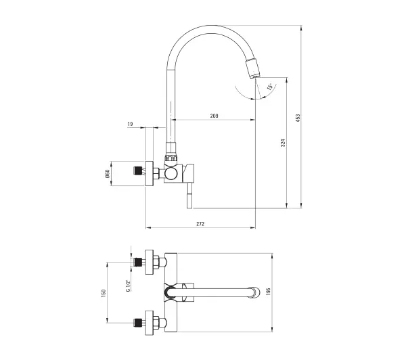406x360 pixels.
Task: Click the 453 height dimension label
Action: [298, 118]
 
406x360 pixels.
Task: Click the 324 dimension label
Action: [283, 143]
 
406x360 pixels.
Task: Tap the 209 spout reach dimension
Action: [214, 116]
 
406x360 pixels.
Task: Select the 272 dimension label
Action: [200, 224]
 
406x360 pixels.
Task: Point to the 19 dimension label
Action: [130, 124]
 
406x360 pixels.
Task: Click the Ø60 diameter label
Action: [108, 173]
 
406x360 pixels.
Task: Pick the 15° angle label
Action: [269, 87]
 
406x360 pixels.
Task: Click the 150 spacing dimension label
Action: [104, 293]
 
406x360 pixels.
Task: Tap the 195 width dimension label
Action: [268, 292]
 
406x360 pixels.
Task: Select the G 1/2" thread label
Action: [128, 286]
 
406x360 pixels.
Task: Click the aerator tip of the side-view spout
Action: [252, 68]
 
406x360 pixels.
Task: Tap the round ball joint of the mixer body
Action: [171, 173]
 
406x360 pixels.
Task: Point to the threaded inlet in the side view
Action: [137, 171]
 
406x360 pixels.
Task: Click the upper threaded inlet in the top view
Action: [138, 262]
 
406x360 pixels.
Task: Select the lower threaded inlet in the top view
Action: [138, 323]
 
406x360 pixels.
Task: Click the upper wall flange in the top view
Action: [149, 262]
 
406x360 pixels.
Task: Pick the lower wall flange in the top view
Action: [149, 323]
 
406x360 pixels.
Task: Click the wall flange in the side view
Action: [149, 173]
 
